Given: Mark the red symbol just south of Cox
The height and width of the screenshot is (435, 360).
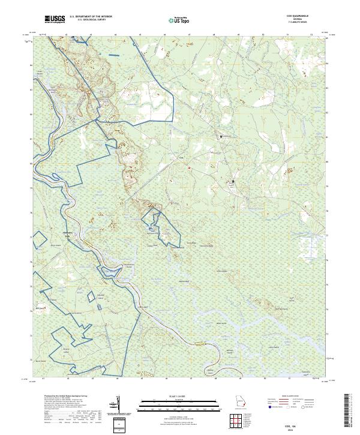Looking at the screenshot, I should pos(189,168).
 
